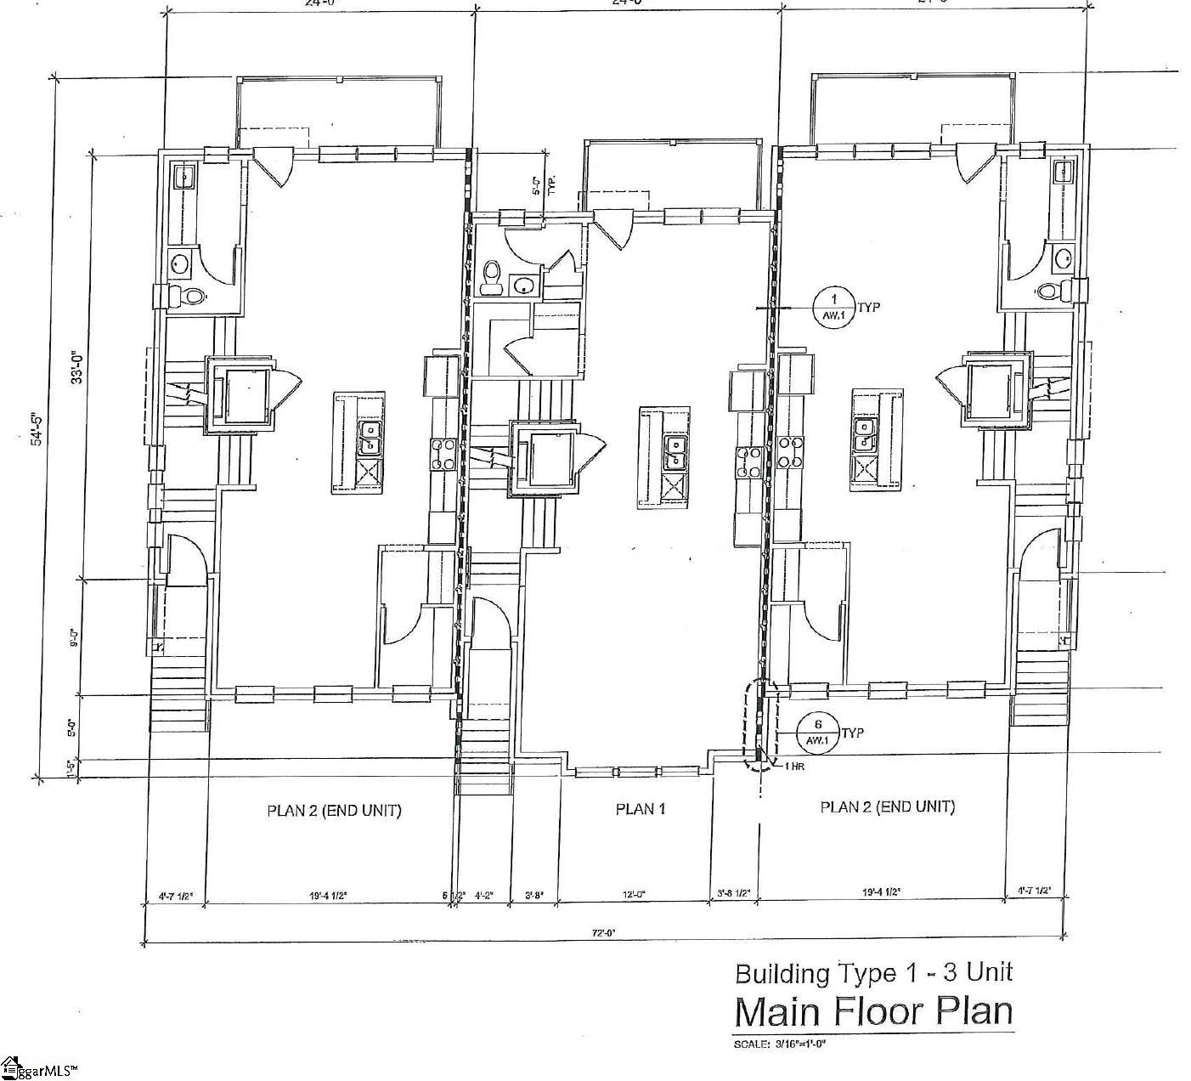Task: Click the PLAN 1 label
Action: [640, 809]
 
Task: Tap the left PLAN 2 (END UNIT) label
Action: [334, 810]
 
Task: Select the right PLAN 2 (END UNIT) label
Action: [887, 807]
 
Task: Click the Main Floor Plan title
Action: [873, 1012]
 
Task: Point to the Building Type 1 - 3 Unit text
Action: [873, 972]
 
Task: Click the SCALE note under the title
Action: [779, 1044]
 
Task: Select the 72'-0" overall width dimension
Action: [602, 932]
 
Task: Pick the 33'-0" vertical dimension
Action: [76, 368]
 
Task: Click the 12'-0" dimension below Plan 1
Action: [633, 894]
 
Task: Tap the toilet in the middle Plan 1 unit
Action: [491, 276]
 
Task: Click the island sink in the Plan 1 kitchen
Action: [675, 452]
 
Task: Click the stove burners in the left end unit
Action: [444, 453]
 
